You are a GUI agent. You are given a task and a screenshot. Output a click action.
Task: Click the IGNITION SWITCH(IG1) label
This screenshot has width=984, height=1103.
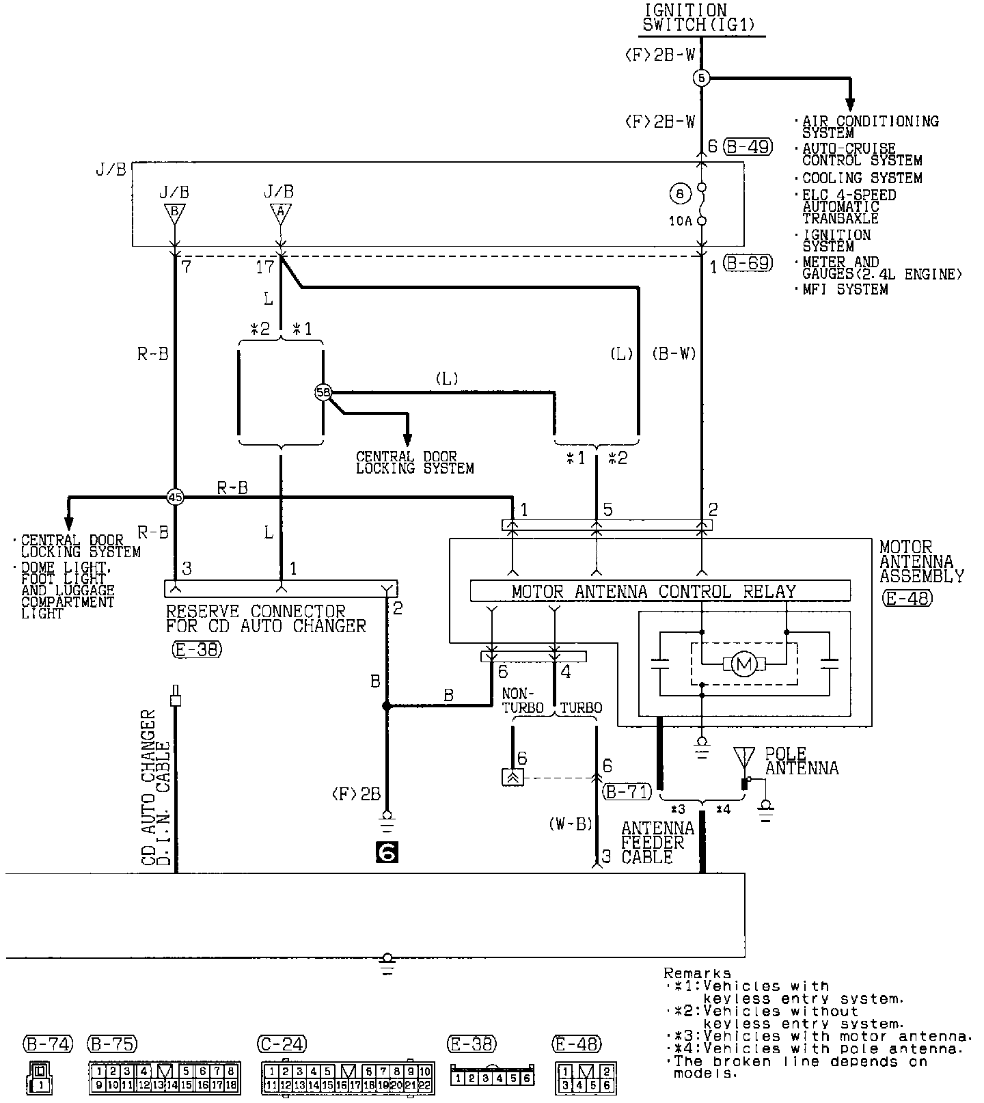click(x=702, y=18)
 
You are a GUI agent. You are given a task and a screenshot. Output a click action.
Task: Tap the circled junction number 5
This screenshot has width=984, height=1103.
click(x=702, y=78)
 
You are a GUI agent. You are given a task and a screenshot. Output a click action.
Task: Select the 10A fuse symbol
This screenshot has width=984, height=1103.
click(x=702, y=204)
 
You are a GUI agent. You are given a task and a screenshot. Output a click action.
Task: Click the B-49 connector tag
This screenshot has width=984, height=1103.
click(x=748, y=146)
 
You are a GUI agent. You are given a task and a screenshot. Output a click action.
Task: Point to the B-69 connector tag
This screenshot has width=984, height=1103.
click(x=748, y=263)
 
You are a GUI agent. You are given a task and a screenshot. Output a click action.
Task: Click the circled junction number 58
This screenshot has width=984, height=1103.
click(x=323, y=392)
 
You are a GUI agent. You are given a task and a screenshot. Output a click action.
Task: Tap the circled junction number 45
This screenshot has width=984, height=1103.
click(x=176, y=498)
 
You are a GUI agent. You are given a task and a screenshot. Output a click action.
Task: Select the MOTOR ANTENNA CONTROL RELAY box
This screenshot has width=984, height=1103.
click(x=660, y=591)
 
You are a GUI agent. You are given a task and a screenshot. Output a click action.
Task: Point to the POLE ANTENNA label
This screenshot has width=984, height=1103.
click(x=801, y=760)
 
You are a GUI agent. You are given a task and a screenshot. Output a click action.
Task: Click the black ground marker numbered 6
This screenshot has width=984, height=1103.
click(x=387, y=852)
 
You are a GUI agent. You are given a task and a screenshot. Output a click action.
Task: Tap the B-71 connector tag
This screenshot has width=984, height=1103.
click(x=627, y=792)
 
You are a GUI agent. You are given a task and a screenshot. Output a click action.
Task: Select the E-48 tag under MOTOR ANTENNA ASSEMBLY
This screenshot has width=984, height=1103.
click(x=907, y=599)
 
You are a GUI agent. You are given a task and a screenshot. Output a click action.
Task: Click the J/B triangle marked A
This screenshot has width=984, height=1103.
click(x=279, y=213)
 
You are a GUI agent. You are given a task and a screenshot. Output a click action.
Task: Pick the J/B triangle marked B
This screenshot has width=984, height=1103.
click(x=174, y=213)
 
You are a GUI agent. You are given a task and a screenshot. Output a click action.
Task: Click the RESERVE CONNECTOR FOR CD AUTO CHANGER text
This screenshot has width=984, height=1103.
click(x=266, y=618)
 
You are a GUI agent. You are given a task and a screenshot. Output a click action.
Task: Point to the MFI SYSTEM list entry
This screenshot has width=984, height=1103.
click(x=845, y=289)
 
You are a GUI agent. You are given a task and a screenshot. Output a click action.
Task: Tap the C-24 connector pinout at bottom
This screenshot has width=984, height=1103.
click(x=347, y=1076)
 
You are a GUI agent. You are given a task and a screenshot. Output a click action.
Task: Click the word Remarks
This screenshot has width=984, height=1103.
click(x=697, y=973)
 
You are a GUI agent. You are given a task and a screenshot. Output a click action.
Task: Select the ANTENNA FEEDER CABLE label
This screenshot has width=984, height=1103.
click(x=648, y=843)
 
